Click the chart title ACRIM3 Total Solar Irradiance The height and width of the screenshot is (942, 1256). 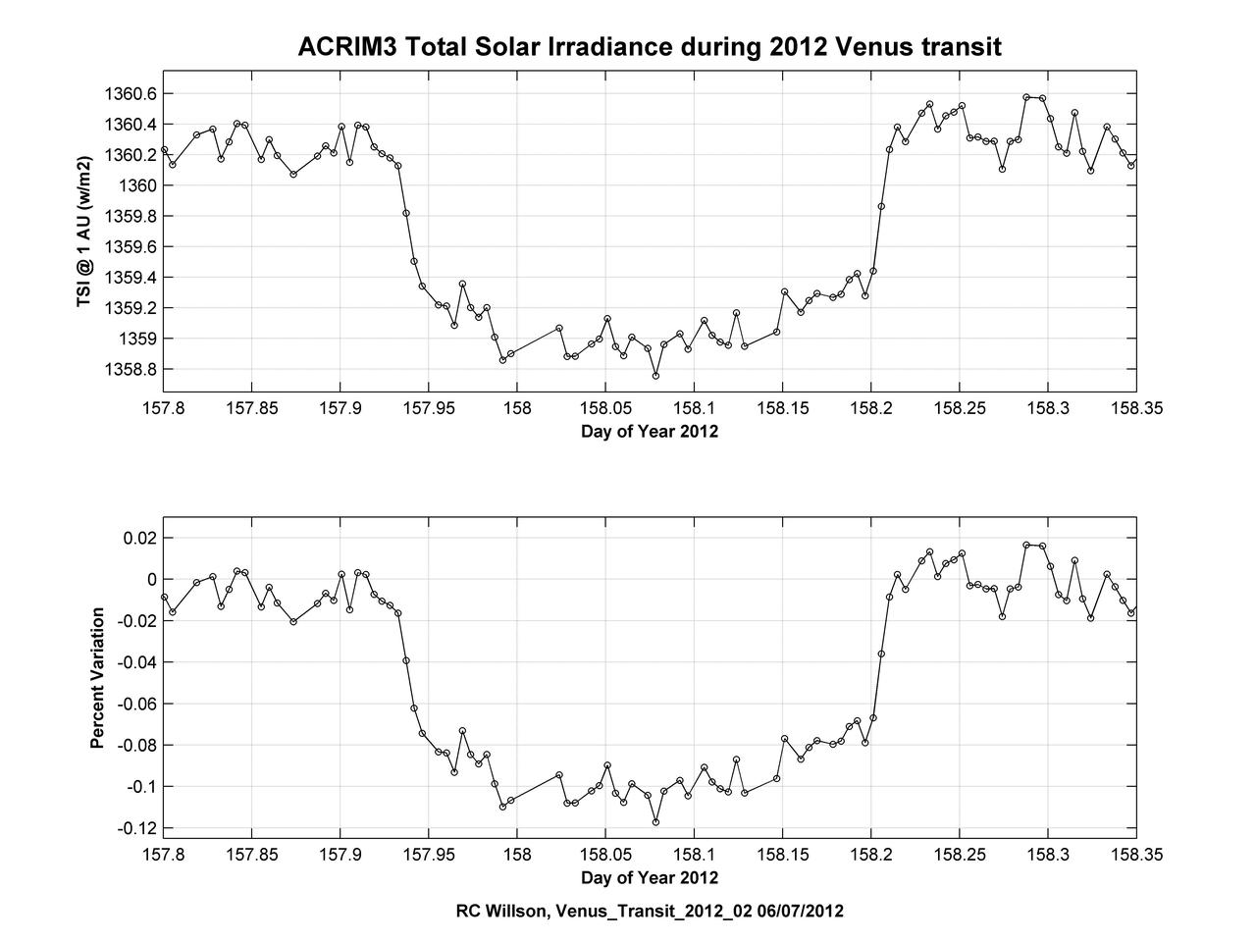(x=650, y=46)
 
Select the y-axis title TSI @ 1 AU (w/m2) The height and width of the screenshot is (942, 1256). (x=85, y=229)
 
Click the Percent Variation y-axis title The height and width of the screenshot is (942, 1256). (x=97, y=678)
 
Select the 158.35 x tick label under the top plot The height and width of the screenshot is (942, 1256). (x=1136, y=408)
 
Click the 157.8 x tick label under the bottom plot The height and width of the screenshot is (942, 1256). (x=163, y=854)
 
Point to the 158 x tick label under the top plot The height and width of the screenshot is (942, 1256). (x=516, y=408)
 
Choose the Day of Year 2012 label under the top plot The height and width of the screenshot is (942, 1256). (x=650, y=432)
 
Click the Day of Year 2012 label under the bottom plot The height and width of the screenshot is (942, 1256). (x=650, y=877)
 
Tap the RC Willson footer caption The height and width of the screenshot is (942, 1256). (x=650, y=911)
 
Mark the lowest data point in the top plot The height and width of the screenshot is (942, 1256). (x=655, y=376)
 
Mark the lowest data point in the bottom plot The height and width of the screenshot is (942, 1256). (x=655, y=822)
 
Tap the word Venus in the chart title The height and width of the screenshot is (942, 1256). (x=880, y=46)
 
